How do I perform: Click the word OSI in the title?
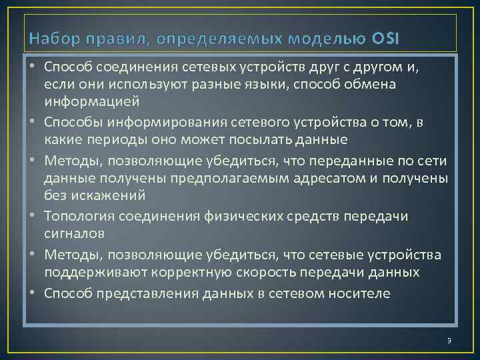point(382,38)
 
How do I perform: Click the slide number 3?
point(449,341)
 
